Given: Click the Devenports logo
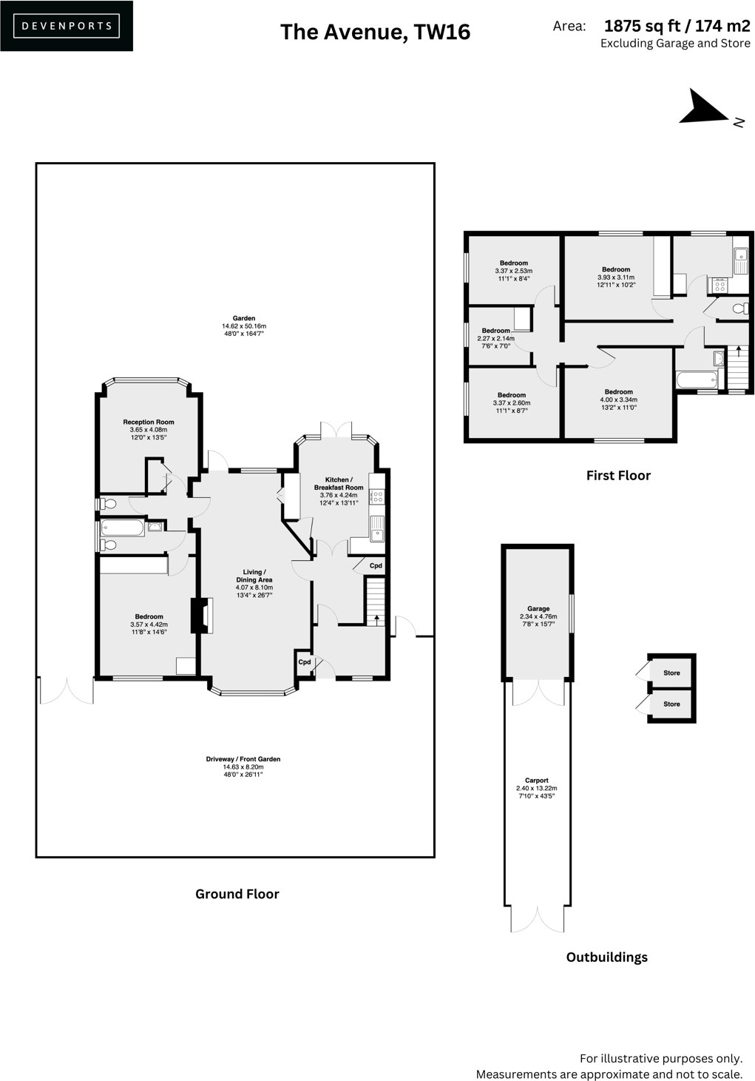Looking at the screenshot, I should point(67,26).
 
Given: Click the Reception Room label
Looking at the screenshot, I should point(149,422).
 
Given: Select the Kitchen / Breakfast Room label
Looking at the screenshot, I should point(339,484).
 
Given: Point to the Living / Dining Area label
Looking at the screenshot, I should point(254,576).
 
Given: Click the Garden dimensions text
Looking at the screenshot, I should point(244,330).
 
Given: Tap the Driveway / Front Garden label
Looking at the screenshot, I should point(243,759).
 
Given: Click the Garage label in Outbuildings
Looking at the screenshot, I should point(538,609).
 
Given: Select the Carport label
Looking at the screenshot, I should point(537,781).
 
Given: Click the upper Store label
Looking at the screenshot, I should point(671,673).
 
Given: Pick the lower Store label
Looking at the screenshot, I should point(671,704).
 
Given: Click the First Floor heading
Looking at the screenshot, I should point(618,476).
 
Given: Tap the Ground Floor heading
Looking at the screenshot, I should point(237,894).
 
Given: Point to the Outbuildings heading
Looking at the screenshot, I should point(606,957).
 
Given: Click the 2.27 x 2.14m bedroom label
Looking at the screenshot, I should point(496,331).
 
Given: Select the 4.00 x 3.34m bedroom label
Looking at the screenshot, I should point(619,392).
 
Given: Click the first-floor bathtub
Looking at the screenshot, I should point(697,380).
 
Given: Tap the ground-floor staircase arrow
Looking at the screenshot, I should point(376,618).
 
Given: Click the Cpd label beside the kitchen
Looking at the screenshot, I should point(376,566).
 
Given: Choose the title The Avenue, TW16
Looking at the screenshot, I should point(375,32).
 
